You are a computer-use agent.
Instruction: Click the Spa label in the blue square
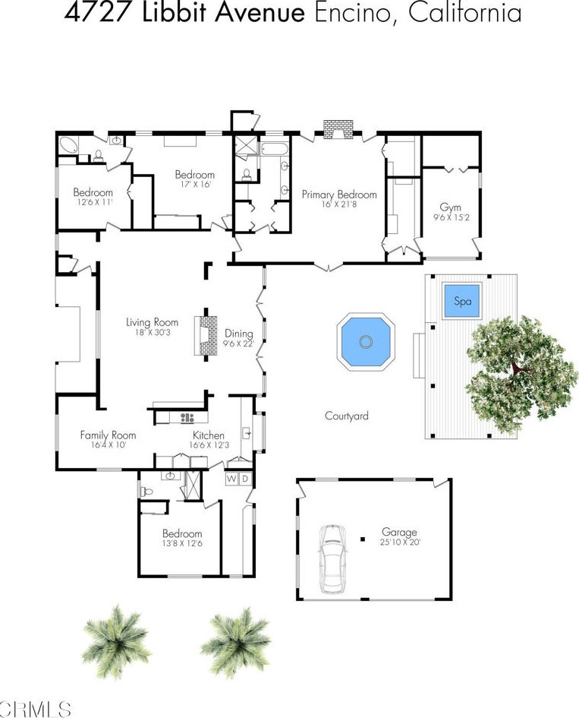462,302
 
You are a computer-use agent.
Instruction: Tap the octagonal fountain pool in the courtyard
366,341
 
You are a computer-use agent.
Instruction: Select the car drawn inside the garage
332,558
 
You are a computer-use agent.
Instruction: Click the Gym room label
451,207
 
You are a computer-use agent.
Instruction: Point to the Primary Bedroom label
339,195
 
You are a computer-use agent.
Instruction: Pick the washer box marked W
232,479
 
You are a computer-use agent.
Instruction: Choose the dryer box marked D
246,479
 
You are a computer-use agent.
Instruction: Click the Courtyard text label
347,416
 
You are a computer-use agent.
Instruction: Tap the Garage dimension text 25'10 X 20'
400,542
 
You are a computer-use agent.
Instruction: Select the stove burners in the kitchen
187,417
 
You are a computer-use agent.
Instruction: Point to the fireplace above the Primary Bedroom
338,129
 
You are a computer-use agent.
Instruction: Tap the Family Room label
108,435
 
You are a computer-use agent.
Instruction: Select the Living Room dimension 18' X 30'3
153,332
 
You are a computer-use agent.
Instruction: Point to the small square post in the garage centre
363,539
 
